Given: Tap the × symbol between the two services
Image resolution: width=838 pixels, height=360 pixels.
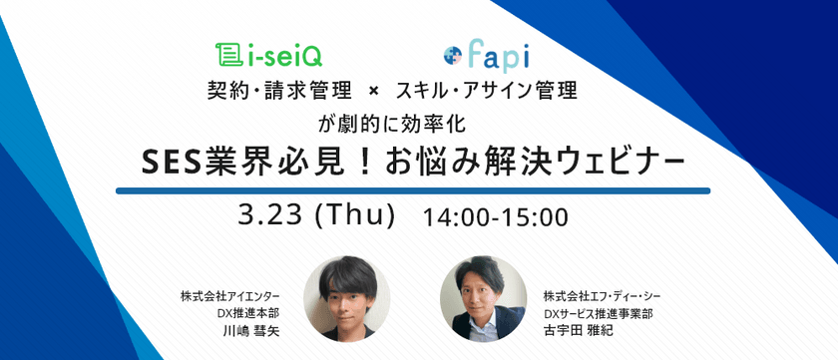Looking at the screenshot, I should [373, 92].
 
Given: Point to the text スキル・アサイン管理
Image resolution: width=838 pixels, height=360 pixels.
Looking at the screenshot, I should [486, 92].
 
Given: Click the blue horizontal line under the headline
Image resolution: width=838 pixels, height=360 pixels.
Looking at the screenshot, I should [412, 189].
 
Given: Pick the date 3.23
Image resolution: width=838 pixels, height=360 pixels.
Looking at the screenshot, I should [272, 214].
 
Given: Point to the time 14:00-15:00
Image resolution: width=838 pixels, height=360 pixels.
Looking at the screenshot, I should [495, 215].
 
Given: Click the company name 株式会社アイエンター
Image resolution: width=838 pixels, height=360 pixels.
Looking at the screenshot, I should [229, 297].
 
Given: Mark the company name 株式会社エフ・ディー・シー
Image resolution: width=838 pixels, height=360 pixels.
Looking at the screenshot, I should [602, 297].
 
